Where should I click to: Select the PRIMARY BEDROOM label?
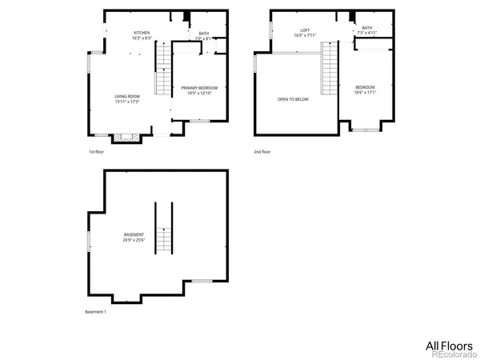pos(198,87)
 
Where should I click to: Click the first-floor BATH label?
pos(203,34)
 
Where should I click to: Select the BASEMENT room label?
pos(134,234)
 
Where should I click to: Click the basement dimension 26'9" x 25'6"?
pos(134,240)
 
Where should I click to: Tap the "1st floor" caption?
pos(96,151)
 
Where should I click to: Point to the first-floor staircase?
pos(163,69)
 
